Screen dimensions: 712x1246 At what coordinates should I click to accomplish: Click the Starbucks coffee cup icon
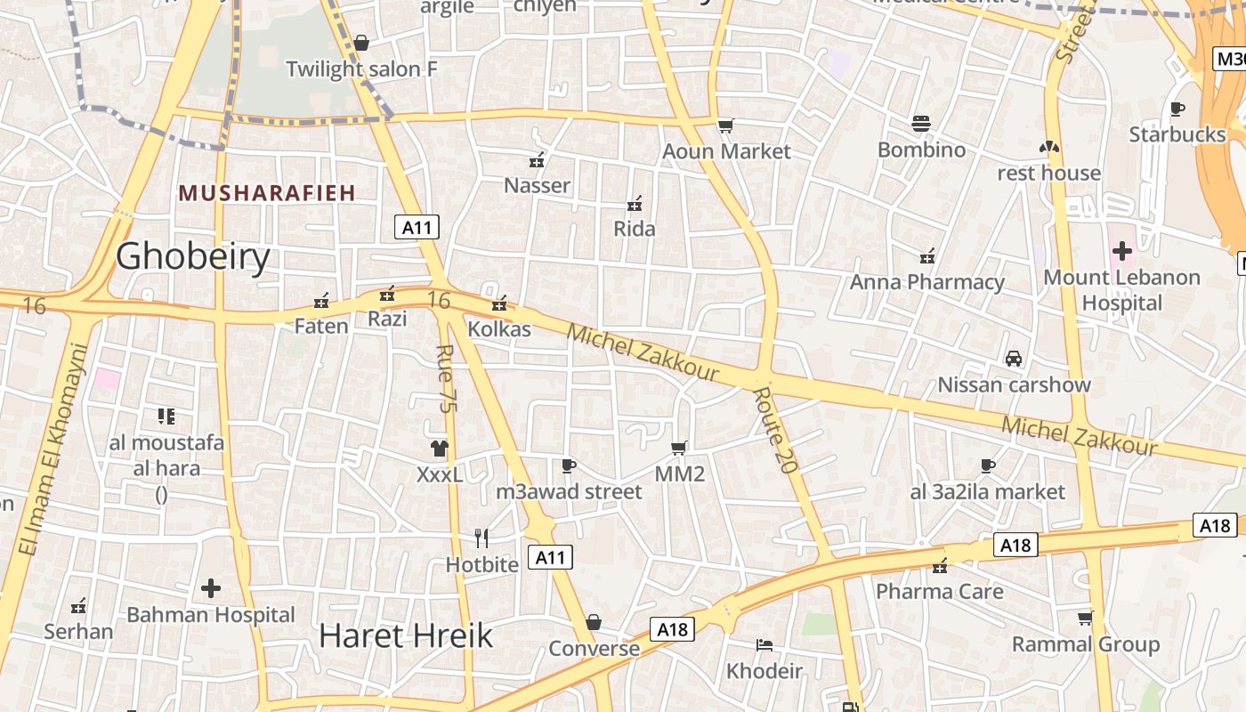1177,109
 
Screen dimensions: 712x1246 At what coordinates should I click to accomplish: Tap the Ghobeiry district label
193,256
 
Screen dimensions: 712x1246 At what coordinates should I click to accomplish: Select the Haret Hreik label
405,635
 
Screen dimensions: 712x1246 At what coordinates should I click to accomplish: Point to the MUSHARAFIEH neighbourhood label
267,192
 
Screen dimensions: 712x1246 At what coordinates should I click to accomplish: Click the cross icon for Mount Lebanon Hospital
1121,250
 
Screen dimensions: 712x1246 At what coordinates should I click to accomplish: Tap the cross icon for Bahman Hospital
211,588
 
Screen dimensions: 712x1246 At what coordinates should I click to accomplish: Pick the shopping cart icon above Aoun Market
726,125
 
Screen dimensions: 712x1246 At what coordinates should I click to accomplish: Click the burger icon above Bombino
921,124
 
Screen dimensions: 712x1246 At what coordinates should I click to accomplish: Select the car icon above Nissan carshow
1013,359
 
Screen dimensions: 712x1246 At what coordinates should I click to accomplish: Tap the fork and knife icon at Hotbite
481,538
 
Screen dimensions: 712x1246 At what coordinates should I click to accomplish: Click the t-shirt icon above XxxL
440,448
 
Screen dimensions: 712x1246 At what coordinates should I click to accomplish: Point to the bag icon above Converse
594,622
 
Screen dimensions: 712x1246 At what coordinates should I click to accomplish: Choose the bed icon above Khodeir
764,644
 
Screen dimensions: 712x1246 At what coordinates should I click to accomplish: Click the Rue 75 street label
447,377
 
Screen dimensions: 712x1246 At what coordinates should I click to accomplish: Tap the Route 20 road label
773,430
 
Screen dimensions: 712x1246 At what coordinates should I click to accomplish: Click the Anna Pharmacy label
926,282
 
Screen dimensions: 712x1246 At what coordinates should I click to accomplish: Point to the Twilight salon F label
361,69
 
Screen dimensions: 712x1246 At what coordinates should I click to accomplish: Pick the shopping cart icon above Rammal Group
1085,618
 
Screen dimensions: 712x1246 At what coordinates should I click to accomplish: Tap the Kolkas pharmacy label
499,329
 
